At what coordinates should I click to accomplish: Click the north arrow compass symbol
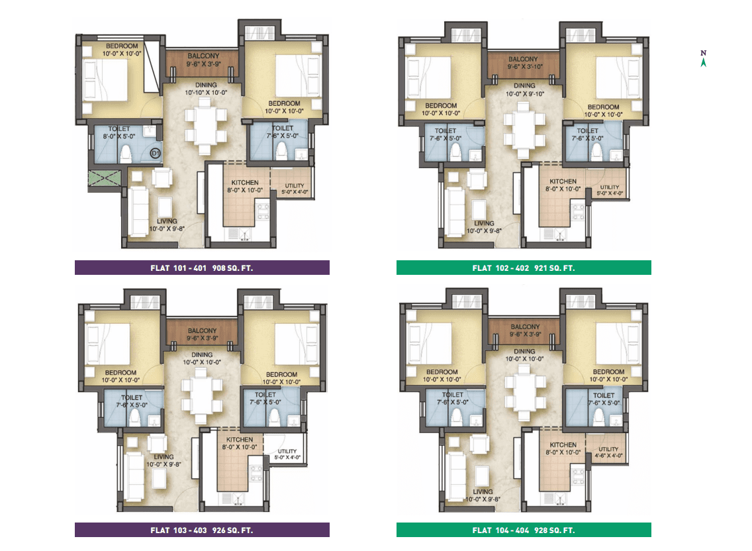point(703,58)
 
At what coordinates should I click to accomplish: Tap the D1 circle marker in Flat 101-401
point(155,153)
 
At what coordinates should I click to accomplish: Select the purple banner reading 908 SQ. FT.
point(202,268)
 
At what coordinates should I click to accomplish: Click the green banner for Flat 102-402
point(524,268)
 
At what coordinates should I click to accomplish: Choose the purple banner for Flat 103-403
point(202,530)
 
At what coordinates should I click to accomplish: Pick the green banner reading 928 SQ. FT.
point(524,530)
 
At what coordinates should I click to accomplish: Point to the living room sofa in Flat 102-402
point(455,212)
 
